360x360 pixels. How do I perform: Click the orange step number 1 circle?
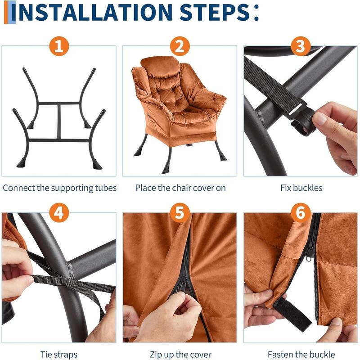point(59,46)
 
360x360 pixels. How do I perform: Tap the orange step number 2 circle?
point(180,46)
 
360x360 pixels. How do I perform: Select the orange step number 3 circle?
point(301,46)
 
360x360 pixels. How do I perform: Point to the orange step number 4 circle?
point(59,213)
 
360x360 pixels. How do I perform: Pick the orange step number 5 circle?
point(180,213)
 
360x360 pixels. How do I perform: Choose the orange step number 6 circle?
point(301,213)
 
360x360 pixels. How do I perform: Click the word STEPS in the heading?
point(215,12)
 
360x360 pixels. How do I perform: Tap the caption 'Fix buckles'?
point(301,188)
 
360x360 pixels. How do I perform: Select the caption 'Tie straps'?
point(59,355)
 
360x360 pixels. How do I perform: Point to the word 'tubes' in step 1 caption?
point(106,188)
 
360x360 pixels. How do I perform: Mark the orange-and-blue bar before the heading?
point(10,12)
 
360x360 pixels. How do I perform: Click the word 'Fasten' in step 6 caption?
point(280,355)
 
